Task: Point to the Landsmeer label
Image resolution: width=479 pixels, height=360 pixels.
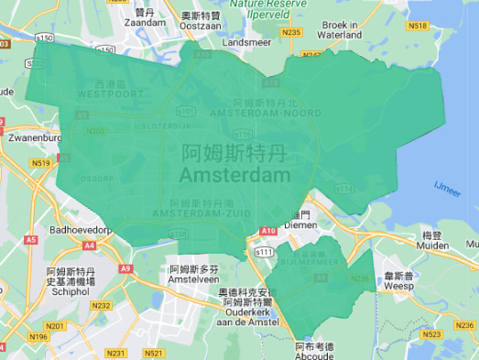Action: (x=246, y=42)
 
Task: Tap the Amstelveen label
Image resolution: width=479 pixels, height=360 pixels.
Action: (x=194, y=280)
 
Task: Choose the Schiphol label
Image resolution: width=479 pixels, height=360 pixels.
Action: (x=71, y=294)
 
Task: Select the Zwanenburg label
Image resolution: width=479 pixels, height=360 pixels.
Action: (x=32, y=138)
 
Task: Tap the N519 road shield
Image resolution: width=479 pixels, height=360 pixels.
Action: (x=39, y=163)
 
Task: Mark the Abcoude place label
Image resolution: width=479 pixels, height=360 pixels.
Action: (x=315, y=356)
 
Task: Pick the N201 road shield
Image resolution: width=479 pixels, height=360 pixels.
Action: (x=55, y=325)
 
